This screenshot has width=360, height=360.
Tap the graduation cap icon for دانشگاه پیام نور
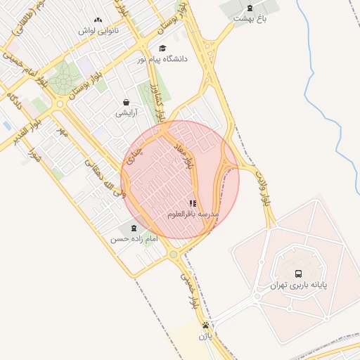[x=162, y=49]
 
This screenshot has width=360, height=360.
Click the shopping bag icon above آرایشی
[x=126, y=102]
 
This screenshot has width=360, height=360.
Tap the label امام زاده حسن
[x=134, y=239]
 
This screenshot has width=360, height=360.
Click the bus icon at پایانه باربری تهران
[x=298, y=274]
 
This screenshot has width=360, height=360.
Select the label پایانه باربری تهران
[x=298, y=285]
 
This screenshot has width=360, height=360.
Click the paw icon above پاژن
[x=205, y=325]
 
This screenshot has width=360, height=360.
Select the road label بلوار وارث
[x=263, y=187]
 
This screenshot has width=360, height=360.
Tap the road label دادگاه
[x=14, y=99]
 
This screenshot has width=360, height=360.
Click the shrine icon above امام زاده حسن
[x=134, y=227]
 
